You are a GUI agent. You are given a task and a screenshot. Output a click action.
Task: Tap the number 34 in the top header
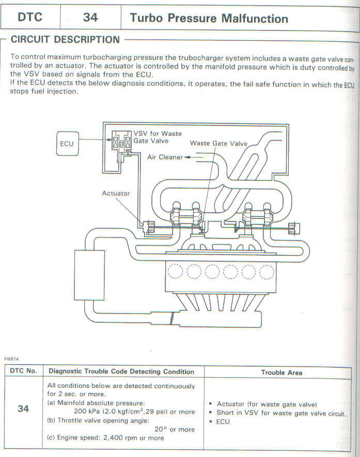pos(90,18)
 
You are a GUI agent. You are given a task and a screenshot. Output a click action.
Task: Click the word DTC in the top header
pos(30,18)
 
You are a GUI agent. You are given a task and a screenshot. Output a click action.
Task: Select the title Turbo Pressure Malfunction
pos(209,19)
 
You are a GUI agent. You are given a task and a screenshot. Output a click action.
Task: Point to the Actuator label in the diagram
pos(116,193)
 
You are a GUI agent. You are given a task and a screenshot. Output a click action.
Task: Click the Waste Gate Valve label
pos(218,143)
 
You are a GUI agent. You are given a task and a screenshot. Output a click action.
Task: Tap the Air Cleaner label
pos(165,157)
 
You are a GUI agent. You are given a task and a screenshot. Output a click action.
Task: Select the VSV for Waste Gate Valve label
pos(158,137)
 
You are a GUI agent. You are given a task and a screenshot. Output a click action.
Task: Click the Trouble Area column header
pos(281,372)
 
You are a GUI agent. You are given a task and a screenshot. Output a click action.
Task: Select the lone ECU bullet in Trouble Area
pos(223,422)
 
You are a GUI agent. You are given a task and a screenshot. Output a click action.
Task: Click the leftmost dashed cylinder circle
pos(176,271)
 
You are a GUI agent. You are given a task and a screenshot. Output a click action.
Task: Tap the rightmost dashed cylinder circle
pos(267,271)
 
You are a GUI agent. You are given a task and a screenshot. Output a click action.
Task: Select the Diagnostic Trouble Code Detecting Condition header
pos(121,371)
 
